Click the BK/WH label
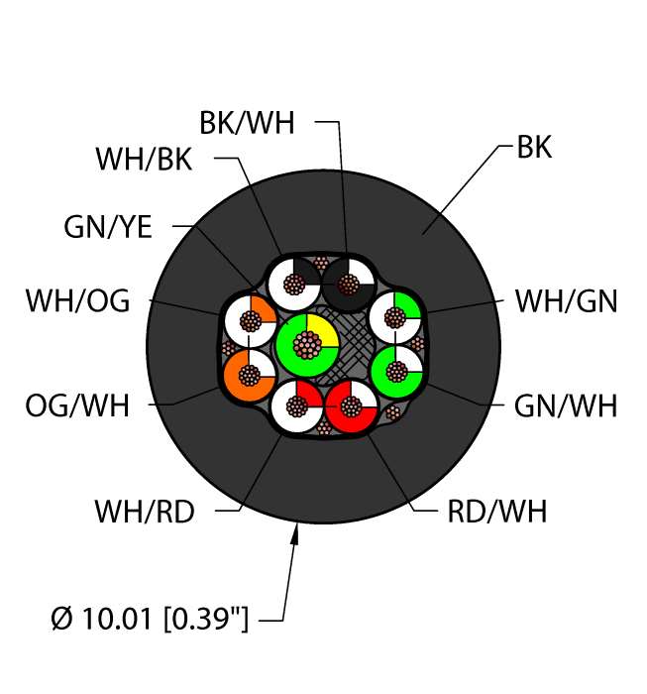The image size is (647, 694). click(x=247, y=123)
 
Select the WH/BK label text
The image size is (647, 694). click(x=145, y=160)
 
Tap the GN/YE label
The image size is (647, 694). click(x=108, y=227)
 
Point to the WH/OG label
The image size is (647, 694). click(x=78, y=301)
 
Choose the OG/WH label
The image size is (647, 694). click(x=77, y=405)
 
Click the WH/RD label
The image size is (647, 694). click(x=145, y=512)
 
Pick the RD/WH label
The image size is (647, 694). click(x=497, y=512)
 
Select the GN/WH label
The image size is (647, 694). click(x=566, y=406)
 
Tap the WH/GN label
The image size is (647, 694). click(x=566, y=301)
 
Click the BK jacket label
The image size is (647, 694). click(x=534, y=147)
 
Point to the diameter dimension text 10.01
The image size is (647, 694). click(x=117, y=619)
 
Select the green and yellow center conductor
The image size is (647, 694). click(x=307, y=345)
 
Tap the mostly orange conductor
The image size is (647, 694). click(x=250, y=376)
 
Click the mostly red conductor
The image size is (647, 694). click(x=351, y=406)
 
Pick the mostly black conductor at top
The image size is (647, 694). click(x=348, y=285)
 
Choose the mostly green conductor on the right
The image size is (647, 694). click(x=396, y=372)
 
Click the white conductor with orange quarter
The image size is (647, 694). click(x=251, y=321)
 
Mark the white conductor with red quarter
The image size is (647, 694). click(x=297, y=405)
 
